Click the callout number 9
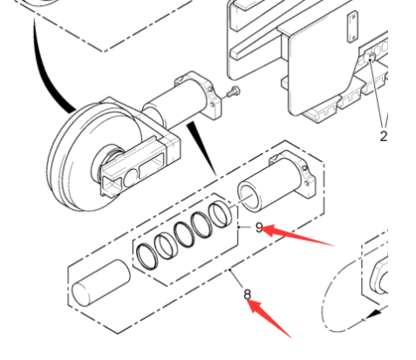[258, 227]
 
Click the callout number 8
[248, 295]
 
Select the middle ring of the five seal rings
[186, 235]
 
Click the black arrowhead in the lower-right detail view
[378, 311]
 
